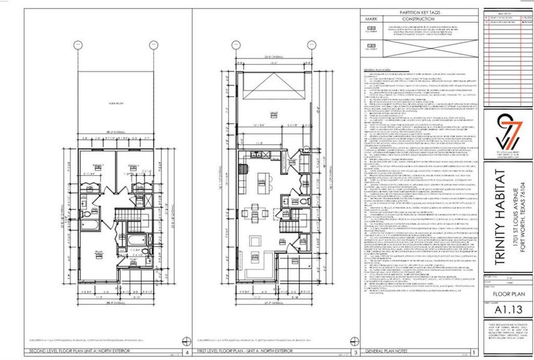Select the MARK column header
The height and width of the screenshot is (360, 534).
pyautogui.click(x=370, y=19)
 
